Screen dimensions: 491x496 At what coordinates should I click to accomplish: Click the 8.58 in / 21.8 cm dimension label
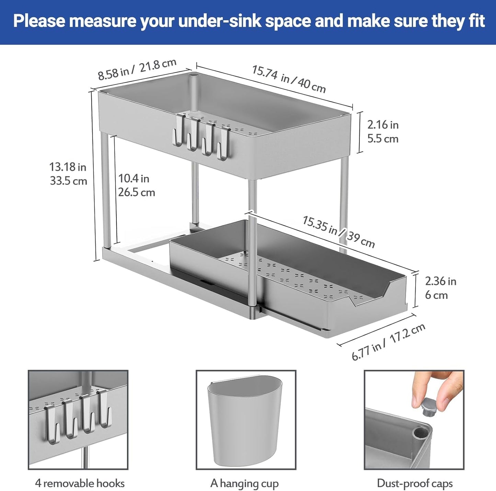coord(137,69)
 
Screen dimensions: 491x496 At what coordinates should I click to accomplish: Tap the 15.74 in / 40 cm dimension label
coord(288,79)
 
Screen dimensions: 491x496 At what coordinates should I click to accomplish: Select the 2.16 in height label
coord(383,125)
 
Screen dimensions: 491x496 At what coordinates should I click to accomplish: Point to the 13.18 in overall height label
coord(68,167)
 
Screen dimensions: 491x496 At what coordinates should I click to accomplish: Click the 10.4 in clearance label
coord(134,179)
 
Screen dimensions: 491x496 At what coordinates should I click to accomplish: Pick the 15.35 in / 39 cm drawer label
coord(338,232)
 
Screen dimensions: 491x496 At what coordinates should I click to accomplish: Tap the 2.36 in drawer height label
coord(440,281)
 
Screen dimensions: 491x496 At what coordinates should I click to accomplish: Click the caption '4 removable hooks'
coord(80,483)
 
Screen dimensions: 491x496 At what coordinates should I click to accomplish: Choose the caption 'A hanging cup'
coord(244,483)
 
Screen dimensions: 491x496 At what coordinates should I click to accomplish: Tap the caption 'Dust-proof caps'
coord(415,483)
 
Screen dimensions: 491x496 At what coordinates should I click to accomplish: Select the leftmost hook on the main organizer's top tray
coord(179,130)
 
